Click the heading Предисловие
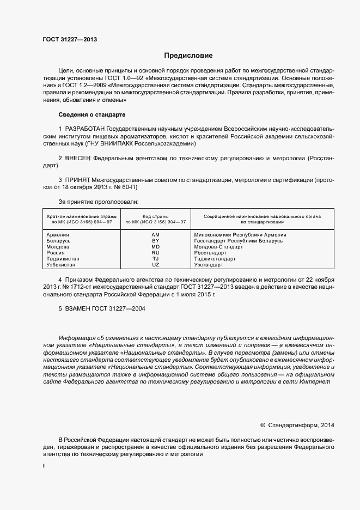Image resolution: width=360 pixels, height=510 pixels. (x=188, y=56)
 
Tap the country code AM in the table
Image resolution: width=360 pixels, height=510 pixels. (x=155, y=235)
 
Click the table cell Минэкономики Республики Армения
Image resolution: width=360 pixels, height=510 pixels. (x=240, y=235)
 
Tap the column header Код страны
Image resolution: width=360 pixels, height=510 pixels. (x=155, y=216)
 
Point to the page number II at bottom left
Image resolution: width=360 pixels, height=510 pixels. (x=44, y=467)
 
